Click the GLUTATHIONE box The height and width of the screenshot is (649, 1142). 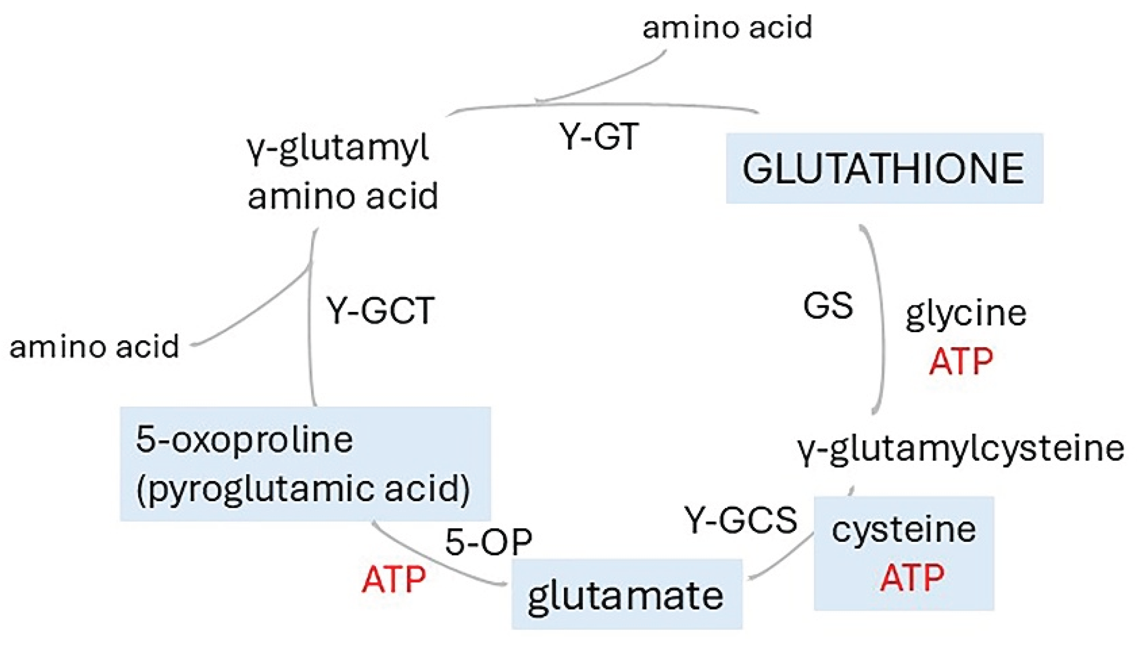coord(884,169)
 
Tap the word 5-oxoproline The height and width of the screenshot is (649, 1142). coord(244,439)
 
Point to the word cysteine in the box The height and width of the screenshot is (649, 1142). coord(904,530)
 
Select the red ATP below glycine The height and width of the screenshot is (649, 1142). coord(961,361)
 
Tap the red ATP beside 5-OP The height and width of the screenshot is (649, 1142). coord(394,579)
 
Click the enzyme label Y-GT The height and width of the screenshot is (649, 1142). coord(599,136)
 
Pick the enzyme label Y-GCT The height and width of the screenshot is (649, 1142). coord(381,311)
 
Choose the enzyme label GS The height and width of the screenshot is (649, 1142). coord(828,305)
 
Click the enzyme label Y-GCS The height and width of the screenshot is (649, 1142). coord(741,520)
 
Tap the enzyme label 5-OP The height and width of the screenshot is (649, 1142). coord(489,541)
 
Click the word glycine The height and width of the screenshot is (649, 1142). coord(966,313)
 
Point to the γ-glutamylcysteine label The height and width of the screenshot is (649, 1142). coord(961,449)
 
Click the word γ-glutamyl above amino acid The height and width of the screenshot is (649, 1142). coord(337,148)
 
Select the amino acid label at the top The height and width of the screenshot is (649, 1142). coord(727,27)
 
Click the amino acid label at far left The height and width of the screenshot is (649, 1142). coord(94,346)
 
